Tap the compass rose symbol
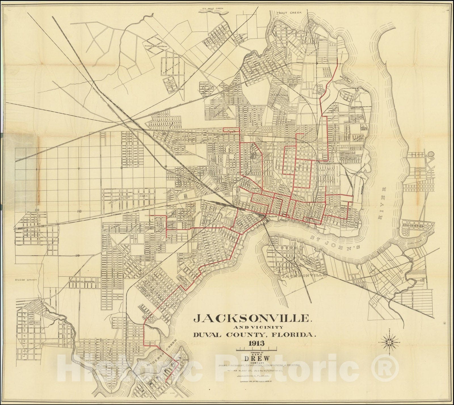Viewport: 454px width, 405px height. click(390, 343)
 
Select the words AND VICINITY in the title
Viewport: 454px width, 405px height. click(255, 327)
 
